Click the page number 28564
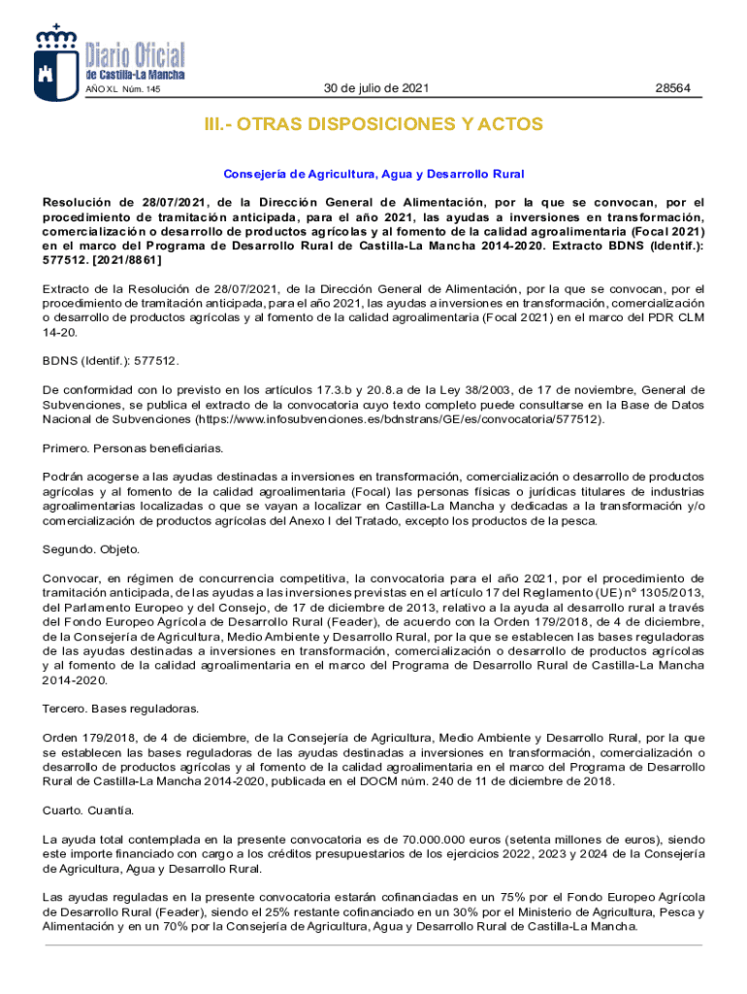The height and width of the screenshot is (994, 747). point(672,88)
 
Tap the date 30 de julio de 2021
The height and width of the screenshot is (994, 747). point(375,88)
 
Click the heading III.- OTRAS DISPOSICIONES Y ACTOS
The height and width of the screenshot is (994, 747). point(373,125)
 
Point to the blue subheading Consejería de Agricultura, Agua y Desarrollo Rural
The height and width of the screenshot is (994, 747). point(373,174)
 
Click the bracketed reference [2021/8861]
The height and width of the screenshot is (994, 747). point(123,260)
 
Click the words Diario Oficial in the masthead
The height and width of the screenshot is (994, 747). point(135,55)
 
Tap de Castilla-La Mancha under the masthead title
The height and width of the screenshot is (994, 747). point(135,76)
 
